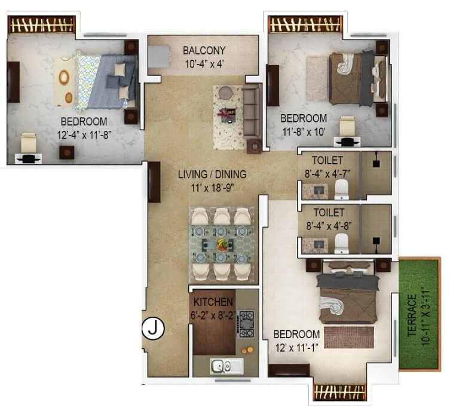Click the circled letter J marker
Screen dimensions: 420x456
(x=154, y=328)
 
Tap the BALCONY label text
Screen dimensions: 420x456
(x=204, y=50)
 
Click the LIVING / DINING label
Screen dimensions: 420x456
(x=212, y=174)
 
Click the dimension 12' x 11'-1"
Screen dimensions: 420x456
(x=296, y=346)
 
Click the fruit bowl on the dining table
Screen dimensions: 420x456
(x=224, y=244)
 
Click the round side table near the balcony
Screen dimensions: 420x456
(x=226, y=93)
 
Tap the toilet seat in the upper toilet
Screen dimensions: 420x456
(x=341, y=190)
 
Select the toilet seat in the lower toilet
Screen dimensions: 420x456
(x=341, y=243)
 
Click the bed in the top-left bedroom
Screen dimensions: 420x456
(x=99, y=81)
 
